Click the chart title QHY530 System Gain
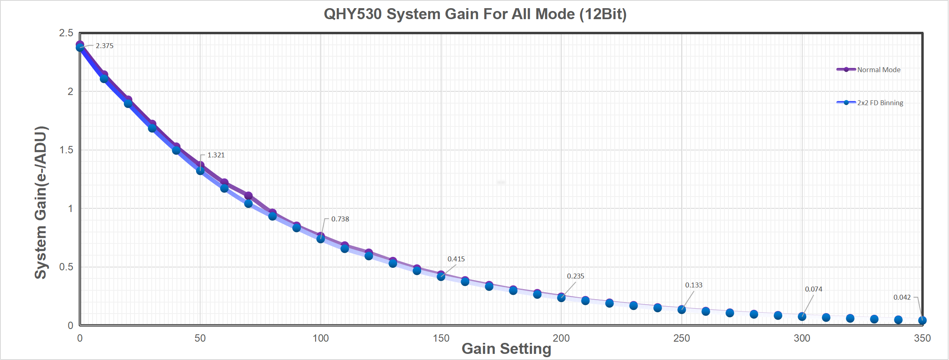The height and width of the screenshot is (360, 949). tap(475, 14)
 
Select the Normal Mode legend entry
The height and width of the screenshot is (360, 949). tap(878, 70)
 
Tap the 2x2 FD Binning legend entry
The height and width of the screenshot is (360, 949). tap(880, 103)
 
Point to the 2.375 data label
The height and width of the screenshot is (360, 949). tap(104, 46)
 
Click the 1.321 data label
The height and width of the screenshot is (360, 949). tap(216, 155)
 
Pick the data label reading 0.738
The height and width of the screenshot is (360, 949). tap(340, 219)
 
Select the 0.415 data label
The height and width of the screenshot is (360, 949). tap(456, 259)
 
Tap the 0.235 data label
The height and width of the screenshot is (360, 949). tap(575, 276)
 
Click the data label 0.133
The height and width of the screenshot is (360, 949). tap(693, 285)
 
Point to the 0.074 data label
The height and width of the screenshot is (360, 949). tap(813, 289)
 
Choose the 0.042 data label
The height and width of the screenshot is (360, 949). tap(902, 297)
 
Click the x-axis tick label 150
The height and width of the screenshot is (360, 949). tap(441, 338)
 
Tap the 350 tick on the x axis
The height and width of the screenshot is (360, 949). tap(922, 338)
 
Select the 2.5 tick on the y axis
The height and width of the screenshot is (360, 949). tap(66, 33)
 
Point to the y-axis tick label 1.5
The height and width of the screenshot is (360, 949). tap(66, 150)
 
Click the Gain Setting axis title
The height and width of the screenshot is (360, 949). tap(506, 349)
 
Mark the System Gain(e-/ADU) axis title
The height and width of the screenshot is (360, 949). tap(41, 203)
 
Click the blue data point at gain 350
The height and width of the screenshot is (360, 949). tap(922, 320)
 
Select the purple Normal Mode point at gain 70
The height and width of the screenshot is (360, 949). tap(248, 196)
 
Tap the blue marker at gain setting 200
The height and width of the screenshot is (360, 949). tap(561, 298)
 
